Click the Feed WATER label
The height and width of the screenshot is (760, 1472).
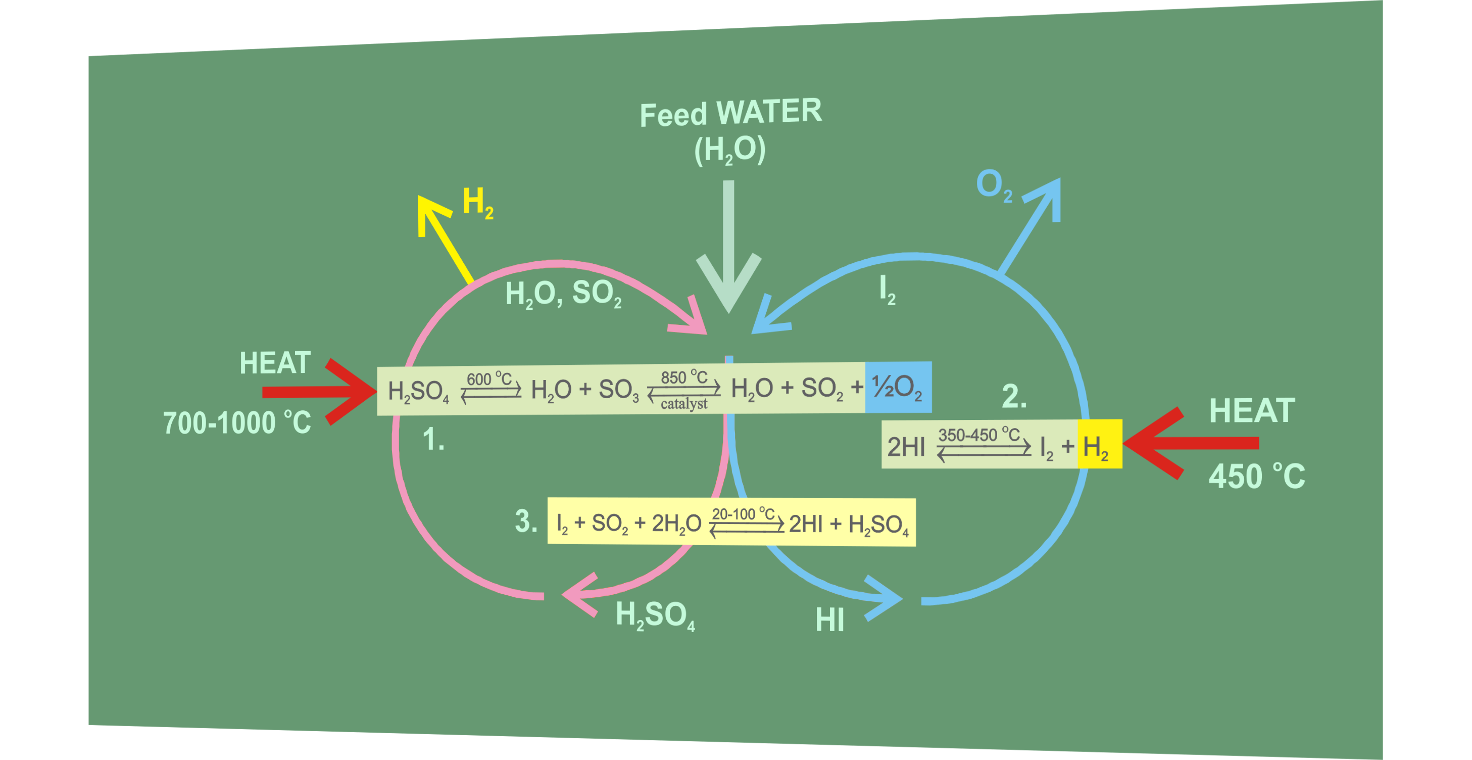pyautogui.click(x=730, y=113)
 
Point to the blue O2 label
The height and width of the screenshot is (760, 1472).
pyautogui.click(x=993, y=185)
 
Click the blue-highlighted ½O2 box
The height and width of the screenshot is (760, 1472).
pyautogui.click(x=898, y=387)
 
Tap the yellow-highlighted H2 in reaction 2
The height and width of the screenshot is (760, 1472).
pyautogui.click(x=1098, y=445)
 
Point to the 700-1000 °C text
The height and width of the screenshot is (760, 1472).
pyautogui.click(x=236, y=423)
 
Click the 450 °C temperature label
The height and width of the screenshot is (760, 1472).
pyautogui.click(x=1256, y=476)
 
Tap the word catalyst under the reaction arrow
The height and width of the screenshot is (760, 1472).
pyautogui.click(x=683, y=404)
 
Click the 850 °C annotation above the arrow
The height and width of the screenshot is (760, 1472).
pyautogui.click(x=683, y=377)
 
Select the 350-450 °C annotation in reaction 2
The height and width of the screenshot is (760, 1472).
pyautogui.click(x=978, y=435)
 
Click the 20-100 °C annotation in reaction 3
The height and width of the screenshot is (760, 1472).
pyautogui.click(x=743, y=514)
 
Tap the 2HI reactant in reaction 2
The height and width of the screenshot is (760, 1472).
pyautogui.click(x=906, y=446)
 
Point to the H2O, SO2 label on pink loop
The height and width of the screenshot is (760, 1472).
pyautogui.click(x=563, y=294)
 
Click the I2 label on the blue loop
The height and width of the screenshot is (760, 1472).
pyautogui.click(x=887, y=289)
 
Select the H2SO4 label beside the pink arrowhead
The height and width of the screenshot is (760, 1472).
pyautogui.click(x=655, y=615)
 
